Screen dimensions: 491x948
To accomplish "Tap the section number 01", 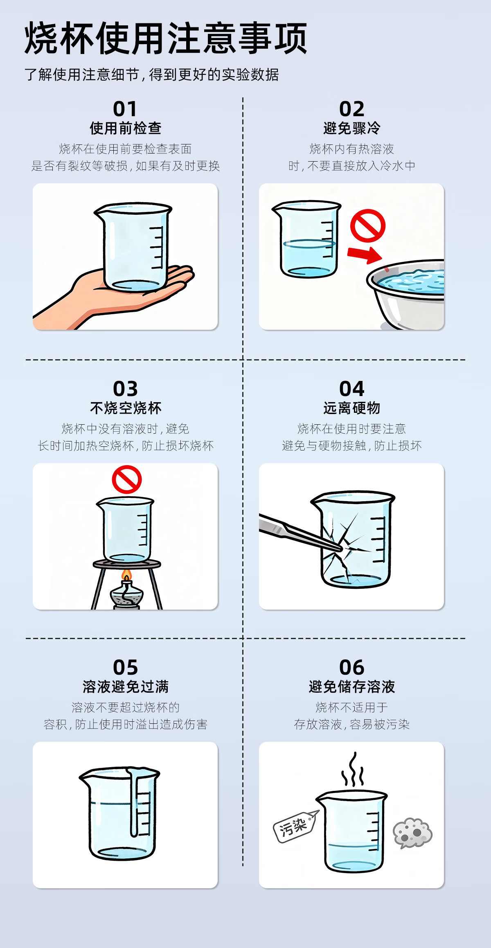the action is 125,109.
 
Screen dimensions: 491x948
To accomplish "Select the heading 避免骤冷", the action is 352,128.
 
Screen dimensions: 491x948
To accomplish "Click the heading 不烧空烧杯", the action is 126,408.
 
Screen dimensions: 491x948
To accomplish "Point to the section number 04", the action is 352,389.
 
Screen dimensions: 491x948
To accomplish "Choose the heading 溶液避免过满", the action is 126,687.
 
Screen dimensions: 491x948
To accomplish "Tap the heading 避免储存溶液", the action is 352,687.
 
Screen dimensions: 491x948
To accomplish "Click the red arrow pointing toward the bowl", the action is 365,254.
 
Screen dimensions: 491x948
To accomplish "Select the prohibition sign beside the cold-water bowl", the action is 368,226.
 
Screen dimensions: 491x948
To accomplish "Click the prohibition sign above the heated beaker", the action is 127,480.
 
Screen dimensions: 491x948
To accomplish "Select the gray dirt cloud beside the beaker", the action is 412,833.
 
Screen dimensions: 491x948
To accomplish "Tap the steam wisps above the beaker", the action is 353,769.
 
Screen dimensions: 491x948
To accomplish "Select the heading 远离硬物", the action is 352,408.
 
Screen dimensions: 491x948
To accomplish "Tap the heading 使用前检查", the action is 126,128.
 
